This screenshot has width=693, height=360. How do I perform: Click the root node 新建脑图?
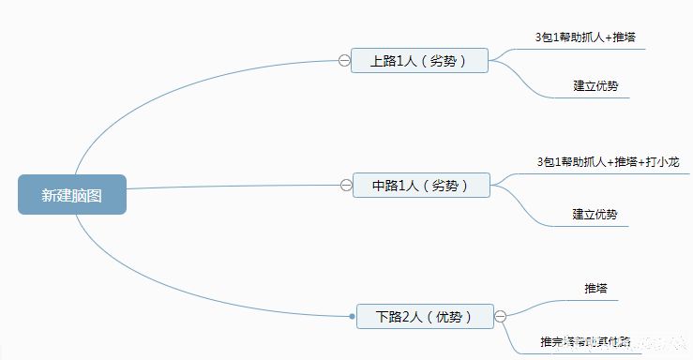pyautogui.click(x=71, y=195)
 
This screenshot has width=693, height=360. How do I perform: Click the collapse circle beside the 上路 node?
pyautogui.click(x=344, y=61)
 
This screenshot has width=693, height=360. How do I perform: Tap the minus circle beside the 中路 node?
pyautogui.click(x=346, y=186)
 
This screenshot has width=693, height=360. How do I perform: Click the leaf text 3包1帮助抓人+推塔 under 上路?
pyautogui.click(x=587, y=37)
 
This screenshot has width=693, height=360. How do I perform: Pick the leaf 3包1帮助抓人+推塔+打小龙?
pyautogui.click(x=602, y=162)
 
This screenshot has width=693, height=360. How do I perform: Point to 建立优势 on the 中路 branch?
pyautogui.click(x=595, y=215)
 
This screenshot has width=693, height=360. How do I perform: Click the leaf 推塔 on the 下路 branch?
pyautogui.click(x=595, y=288)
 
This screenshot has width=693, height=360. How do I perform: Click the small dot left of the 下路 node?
pyautogui.click(x=353, y=317)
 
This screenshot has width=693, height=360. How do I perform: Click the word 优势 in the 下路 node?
pyautogui.click(x=448, y=317)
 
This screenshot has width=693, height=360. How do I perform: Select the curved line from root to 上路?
pyautogui.click(x=150, y=88)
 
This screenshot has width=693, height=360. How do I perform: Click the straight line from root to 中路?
pyautogui.click(x=234, y=187)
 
